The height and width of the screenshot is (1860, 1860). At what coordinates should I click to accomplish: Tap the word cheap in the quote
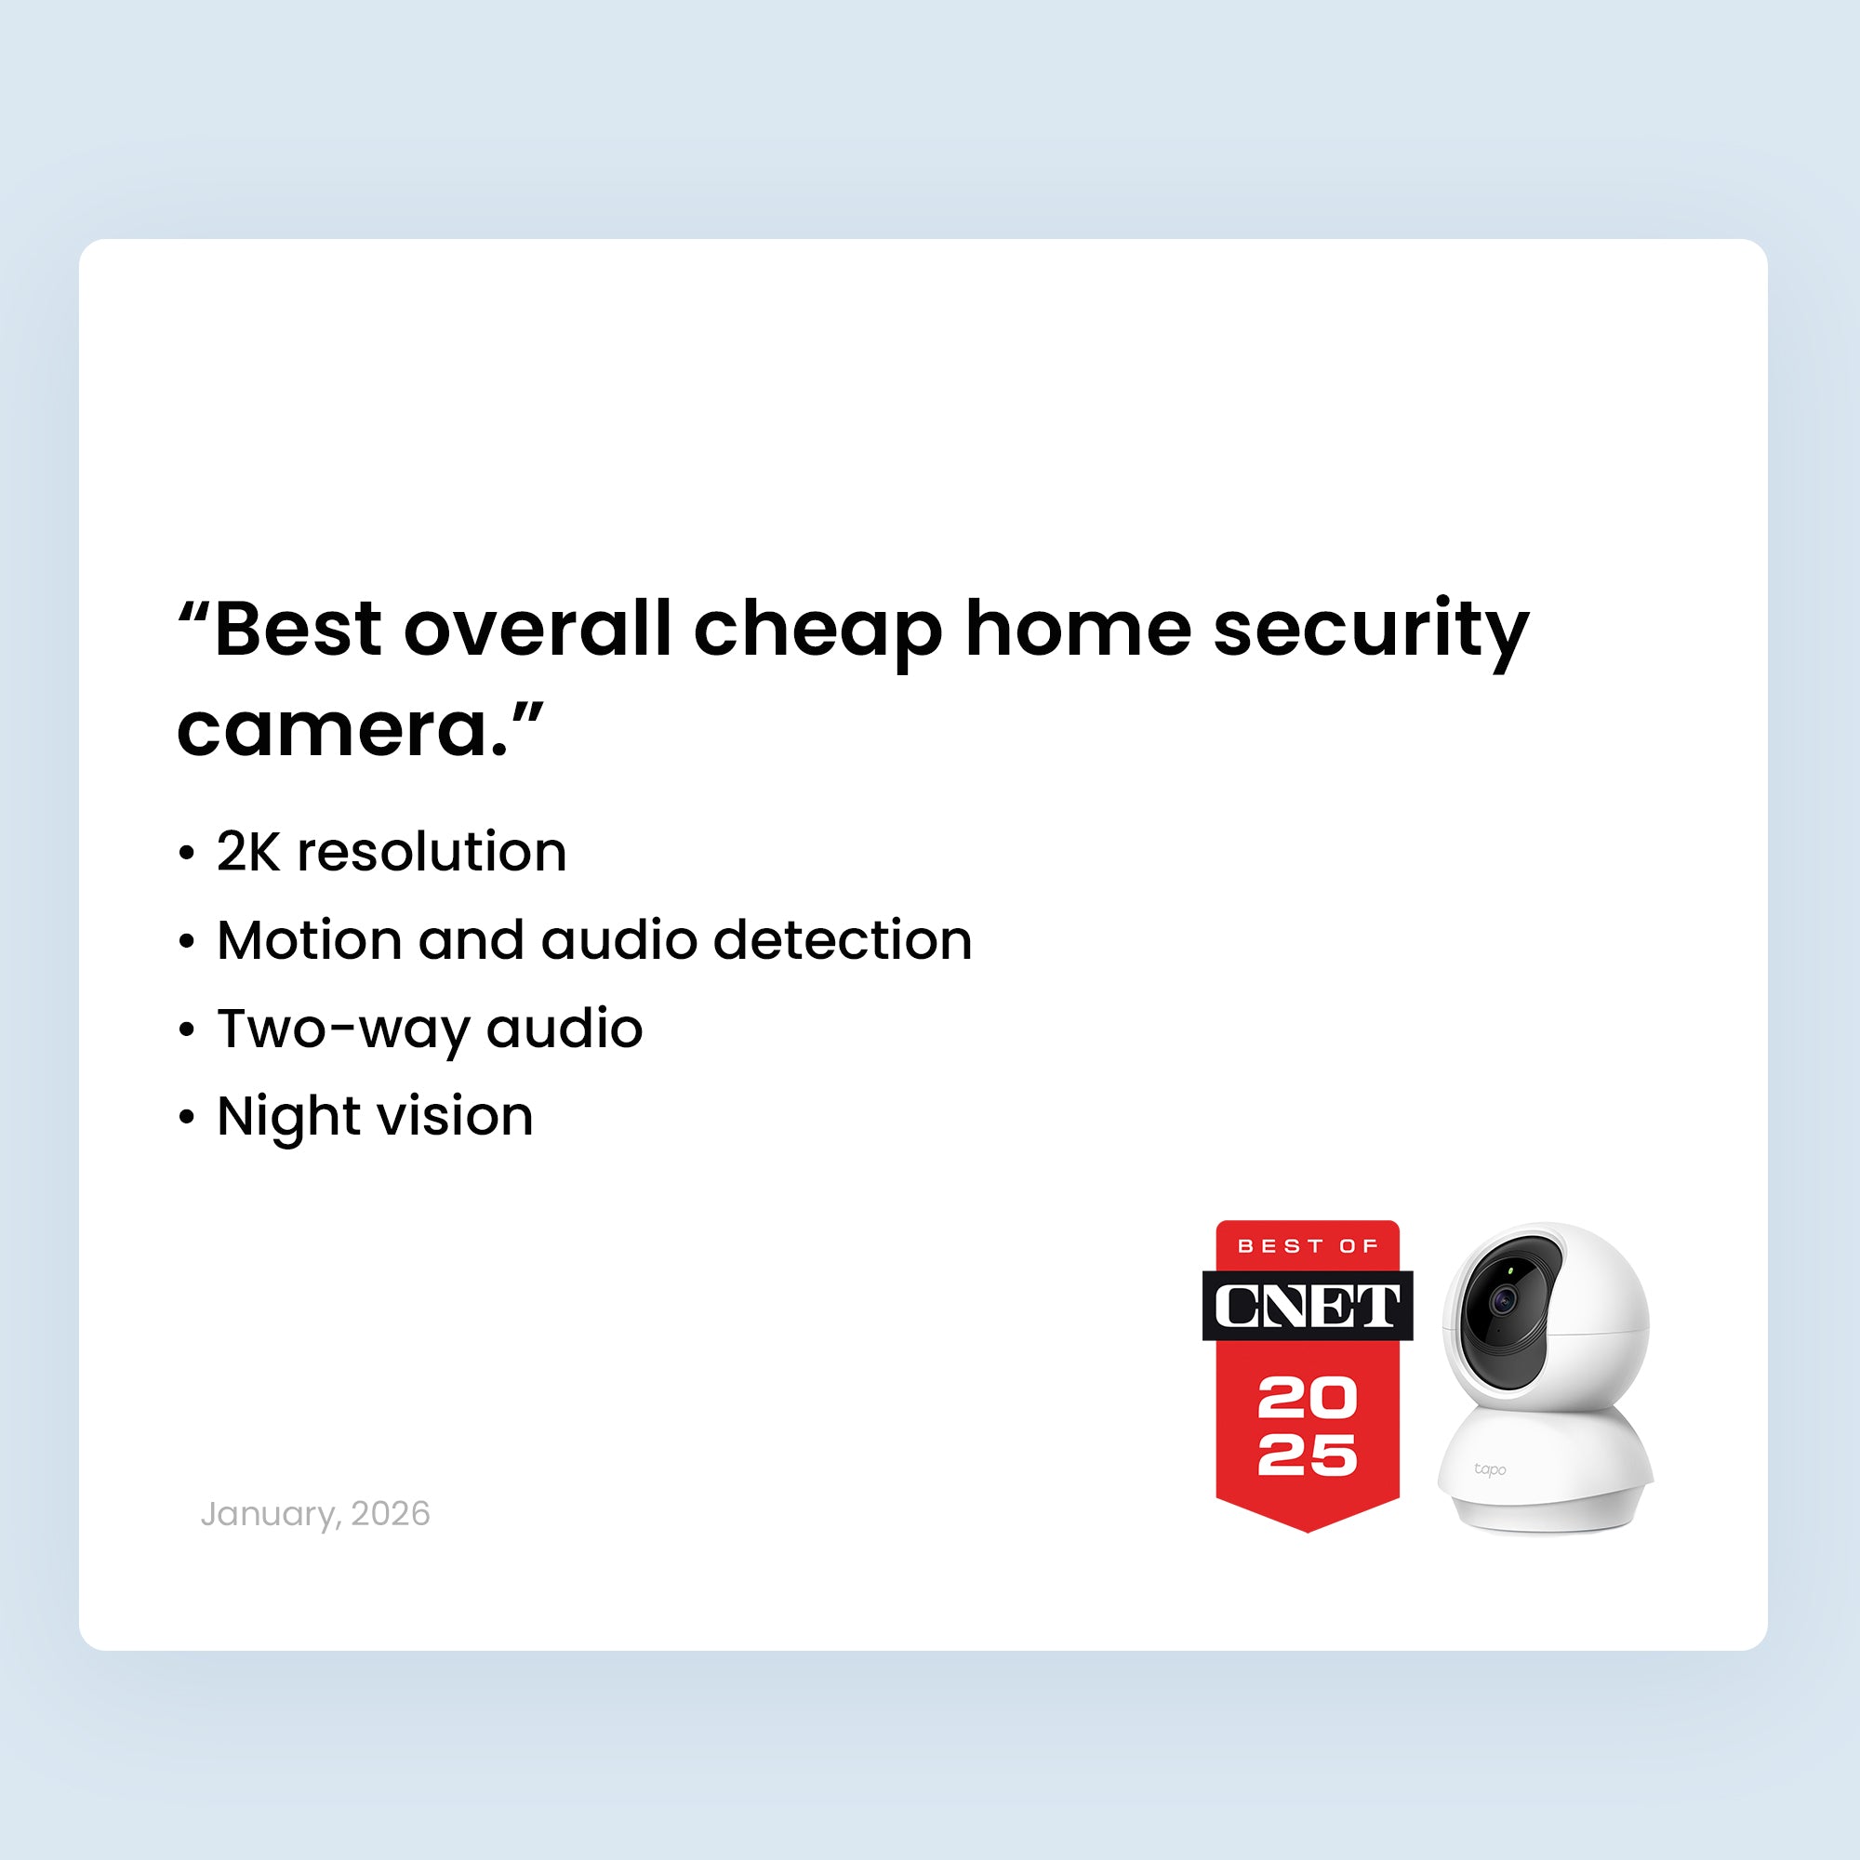point(817,631)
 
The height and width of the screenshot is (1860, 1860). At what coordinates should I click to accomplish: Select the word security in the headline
point(1370,631)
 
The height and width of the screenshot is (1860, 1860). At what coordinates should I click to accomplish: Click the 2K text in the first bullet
point(248,851)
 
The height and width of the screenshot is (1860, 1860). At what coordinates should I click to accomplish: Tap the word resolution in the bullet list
point(432,851)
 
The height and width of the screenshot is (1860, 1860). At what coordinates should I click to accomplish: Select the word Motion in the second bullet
point(309,939)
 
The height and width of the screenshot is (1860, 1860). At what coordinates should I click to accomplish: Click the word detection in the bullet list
point(843,939)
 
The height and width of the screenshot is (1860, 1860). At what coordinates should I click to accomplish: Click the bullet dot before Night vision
point(187,1118)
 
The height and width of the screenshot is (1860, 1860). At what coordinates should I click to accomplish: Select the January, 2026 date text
point(315,1513)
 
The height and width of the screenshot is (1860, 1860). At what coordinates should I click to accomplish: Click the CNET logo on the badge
point(1307,1307)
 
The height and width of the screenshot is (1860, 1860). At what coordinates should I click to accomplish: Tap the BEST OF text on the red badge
point(1307,1247)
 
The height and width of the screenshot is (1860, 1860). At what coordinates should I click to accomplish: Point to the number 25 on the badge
point(1307,1455)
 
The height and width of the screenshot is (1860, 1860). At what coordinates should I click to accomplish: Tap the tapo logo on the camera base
point(1489,1469)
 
